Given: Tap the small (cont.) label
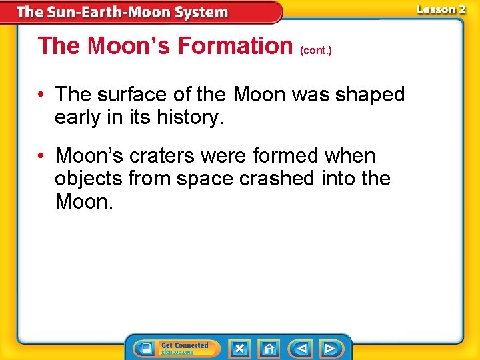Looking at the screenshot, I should [317, 50].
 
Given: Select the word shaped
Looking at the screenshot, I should [371, 95].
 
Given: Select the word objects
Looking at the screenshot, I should [88, 179].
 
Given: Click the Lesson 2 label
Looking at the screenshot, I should [441, 9].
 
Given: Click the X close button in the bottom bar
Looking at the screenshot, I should [239, 348].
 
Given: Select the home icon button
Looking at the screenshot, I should [269, 348].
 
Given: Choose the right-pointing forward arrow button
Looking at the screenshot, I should [329, 348].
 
